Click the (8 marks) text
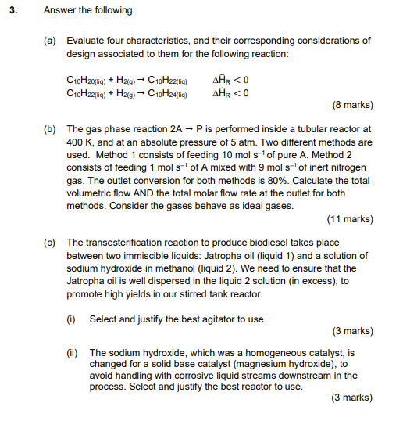coord(351,104)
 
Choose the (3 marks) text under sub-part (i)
coord(351,331)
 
